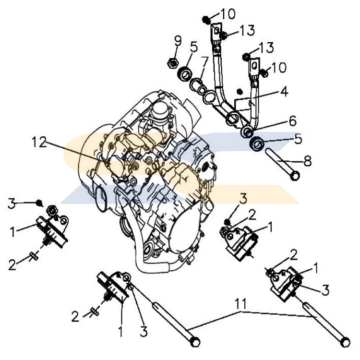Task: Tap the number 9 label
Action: pos(178,40)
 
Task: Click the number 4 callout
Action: pos(285,91)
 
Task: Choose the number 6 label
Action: pos(292,120)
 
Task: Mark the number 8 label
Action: pos(307,161)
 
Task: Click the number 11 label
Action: pos(241,304)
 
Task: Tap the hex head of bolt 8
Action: pos(295,176)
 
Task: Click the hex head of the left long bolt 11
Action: pos(194,342)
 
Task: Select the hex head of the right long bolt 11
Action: pos(345,343)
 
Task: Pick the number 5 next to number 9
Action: pos(193,47)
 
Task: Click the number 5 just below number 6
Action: pos(297,139)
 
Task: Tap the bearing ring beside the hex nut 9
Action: pos(184,74)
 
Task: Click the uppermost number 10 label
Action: pos(228,14)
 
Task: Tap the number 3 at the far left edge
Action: pos(12,203)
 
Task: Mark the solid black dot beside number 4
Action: pos(239,91)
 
